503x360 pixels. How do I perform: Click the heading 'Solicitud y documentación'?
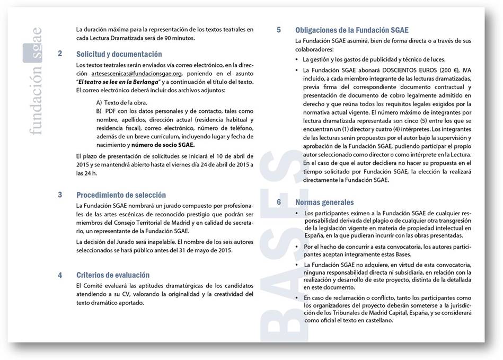(x=119, y=54)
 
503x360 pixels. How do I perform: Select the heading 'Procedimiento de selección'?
(x=121, y=195)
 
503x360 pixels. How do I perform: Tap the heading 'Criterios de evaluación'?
(x=113, y=275)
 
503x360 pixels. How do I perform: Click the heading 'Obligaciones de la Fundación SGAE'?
(x=351, y=30)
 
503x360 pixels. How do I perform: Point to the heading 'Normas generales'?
(x=324, y=203)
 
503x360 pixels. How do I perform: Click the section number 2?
(x=60, y=54)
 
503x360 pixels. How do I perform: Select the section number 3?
(x=60, y=195)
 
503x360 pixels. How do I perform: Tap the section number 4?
(x=60, y=275)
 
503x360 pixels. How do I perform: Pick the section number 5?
(x=279, y=30)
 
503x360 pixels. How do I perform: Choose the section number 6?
(x=279, y=202)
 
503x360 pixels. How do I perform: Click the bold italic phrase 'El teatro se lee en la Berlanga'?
(x=119, y=82)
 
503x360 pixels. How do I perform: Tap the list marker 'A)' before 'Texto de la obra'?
(x=99, y=102)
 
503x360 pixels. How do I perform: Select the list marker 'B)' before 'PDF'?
(x=99, y=111)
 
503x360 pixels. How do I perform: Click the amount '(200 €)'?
(x=449, y=70)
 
